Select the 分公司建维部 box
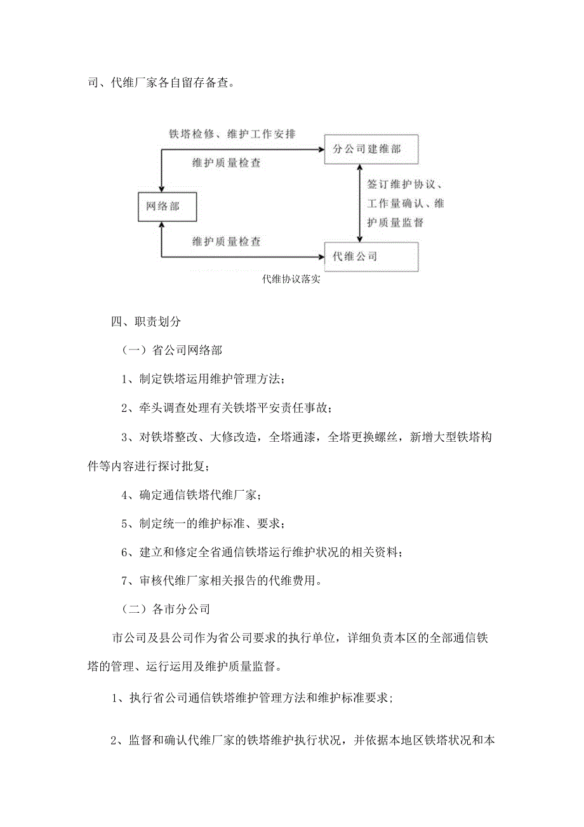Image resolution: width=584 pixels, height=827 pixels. pos(371,149)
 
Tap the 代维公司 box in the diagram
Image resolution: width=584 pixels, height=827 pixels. pos(371,257)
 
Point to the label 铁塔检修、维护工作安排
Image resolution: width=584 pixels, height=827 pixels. pos(232,135)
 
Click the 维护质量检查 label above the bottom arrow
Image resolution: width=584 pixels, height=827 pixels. pos(227,242)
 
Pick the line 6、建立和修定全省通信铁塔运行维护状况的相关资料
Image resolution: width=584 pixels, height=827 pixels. pos(262,552)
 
